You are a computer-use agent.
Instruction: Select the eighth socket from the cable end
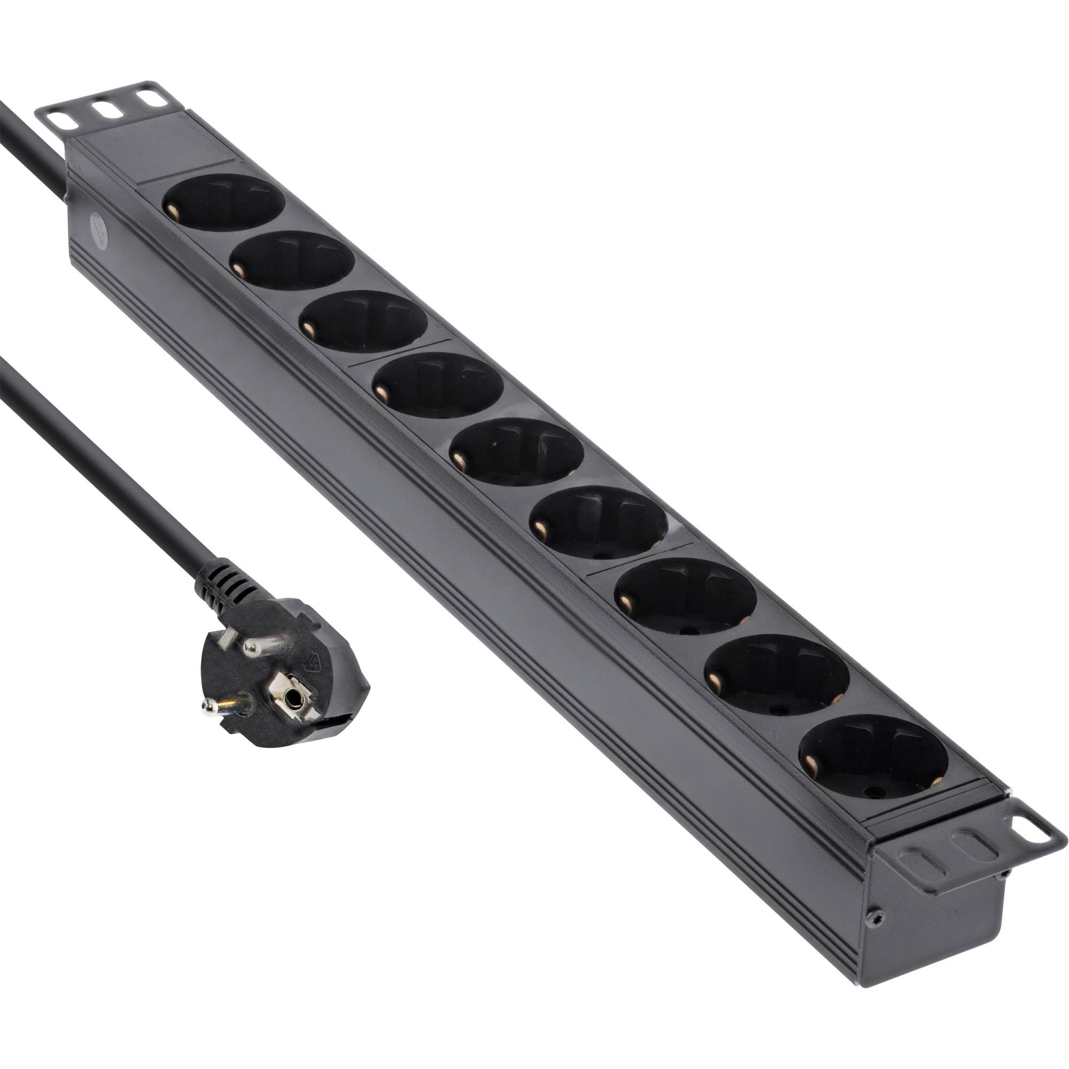778,678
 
